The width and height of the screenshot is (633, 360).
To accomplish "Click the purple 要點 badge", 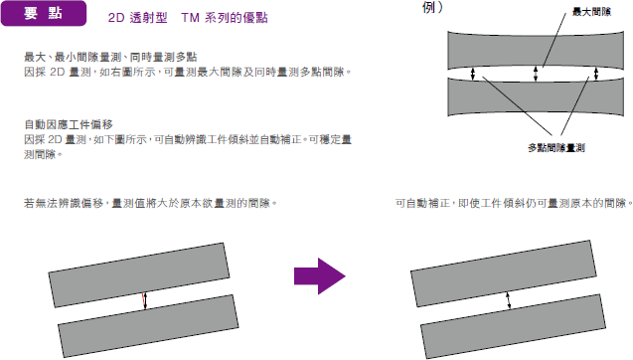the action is pos(44,13).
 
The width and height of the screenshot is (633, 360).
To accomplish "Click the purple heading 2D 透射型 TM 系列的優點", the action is pos(188,18).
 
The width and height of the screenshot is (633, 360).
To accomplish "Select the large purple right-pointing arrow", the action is pos(320,275).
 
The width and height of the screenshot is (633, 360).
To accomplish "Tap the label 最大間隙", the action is pos(591,12).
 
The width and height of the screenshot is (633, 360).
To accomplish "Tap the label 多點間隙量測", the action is pos(556,148).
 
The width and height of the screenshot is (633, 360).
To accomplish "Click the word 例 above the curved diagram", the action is pos(428,7).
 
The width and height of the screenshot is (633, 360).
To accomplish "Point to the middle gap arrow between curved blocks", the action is pos(536,74).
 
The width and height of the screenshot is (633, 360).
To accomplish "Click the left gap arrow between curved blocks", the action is pos(473,74).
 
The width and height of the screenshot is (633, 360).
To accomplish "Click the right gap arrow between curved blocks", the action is pos(596,74).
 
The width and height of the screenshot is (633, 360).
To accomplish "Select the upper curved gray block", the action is pos(536,50).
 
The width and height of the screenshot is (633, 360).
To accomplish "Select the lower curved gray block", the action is pos(536,97).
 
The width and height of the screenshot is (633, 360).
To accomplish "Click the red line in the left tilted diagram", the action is pos(143,300).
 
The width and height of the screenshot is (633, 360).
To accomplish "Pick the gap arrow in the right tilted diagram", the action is pos(508,300).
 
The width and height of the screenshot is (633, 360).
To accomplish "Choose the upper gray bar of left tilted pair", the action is pos(139,274).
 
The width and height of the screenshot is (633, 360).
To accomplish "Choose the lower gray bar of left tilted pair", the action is pos(148,326).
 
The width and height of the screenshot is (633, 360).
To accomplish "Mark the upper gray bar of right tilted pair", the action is pos(504,273).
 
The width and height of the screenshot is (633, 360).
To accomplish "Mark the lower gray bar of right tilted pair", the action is pos(513,326).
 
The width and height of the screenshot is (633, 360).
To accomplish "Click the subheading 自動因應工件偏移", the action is pos(69,124).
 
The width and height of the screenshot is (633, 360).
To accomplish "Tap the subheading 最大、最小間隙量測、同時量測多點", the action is pos(110,57).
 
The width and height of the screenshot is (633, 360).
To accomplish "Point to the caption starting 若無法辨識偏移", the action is pos(150,203).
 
